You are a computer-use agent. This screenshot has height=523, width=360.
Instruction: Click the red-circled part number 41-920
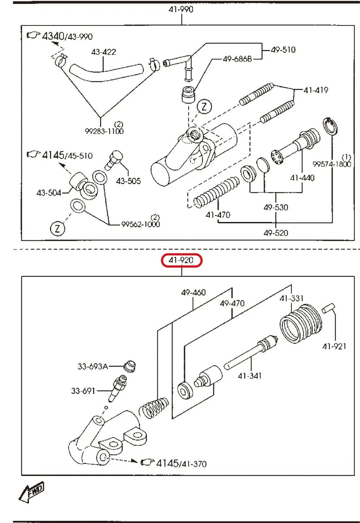pos(182,261)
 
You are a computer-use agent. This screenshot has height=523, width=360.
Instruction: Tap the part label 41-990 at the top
pos(181,9)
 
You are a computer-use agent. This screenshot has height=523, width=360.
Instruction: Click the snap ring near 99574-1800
pos(330,126)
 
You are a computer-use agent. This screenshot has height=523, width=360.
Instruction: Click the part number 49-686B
pos(237,59)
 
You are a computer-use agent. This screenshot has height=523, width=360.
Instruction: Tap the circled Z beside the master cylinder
pos(205,106)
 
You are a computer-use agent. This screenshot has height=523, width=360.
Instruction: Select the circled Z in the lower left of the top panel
pos(58,228)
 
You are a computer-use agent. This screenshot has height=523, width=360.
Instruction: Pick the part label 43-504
pos(49,193)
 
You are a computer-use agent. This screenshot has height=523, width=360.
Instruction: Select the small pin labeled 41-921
pos(329,308)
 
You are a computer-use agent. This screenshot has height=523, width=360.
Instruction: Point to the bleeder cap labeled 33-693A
pos(130,366)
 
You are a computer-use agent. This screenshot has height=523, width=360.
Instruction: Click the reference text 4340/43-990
pos(67,36)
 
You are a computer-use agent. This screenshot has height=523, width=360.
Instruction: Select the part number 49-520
pos(275,233)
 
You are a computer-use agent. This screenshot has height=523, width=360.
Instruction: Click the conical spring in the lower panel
pos(153,407)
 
